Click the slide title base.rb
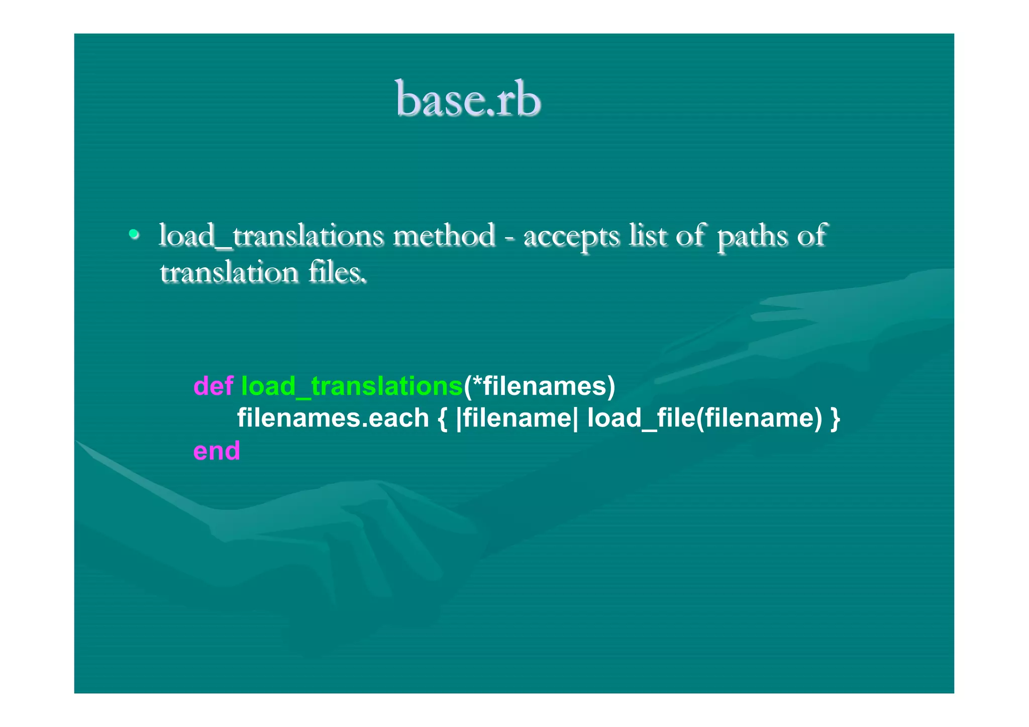coord(468,99)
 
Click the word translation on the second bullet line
coord(229,273)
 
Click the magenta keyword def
coord(213,386)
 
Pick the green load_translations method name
coord(352,386)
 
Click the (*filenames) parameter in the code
coord(539,386)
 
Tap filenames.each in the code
coord(333,418)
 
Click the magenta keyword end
coord(217,451)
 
